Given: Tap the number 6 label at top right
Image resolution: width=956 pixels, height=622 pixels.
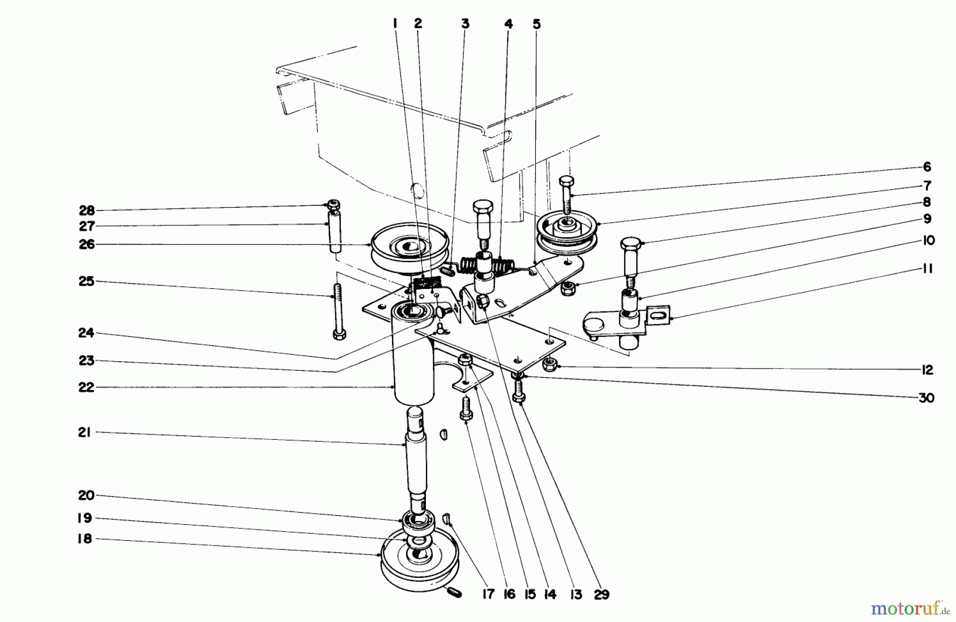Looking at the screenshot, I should (927, 167).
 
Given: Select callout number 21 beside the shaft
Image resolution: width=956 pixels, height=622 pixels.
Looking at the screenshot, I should (84, 432).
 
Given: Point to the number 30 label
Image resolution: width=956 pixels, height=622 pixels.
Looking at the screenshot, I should (926, 398).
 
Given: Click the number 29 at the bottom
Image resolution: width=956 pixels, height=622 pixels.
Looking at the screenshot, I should (601, 594).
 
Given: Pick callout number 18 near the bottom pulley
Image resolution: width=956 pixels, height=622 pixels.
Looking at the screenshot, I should (84, 539).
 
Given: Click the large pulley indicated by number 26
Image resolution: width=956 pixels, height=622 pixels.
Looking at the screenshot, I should (409, 250).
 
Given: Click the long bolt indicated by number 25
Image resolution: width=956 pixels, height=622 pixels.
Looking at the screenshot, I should (338, 311).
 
